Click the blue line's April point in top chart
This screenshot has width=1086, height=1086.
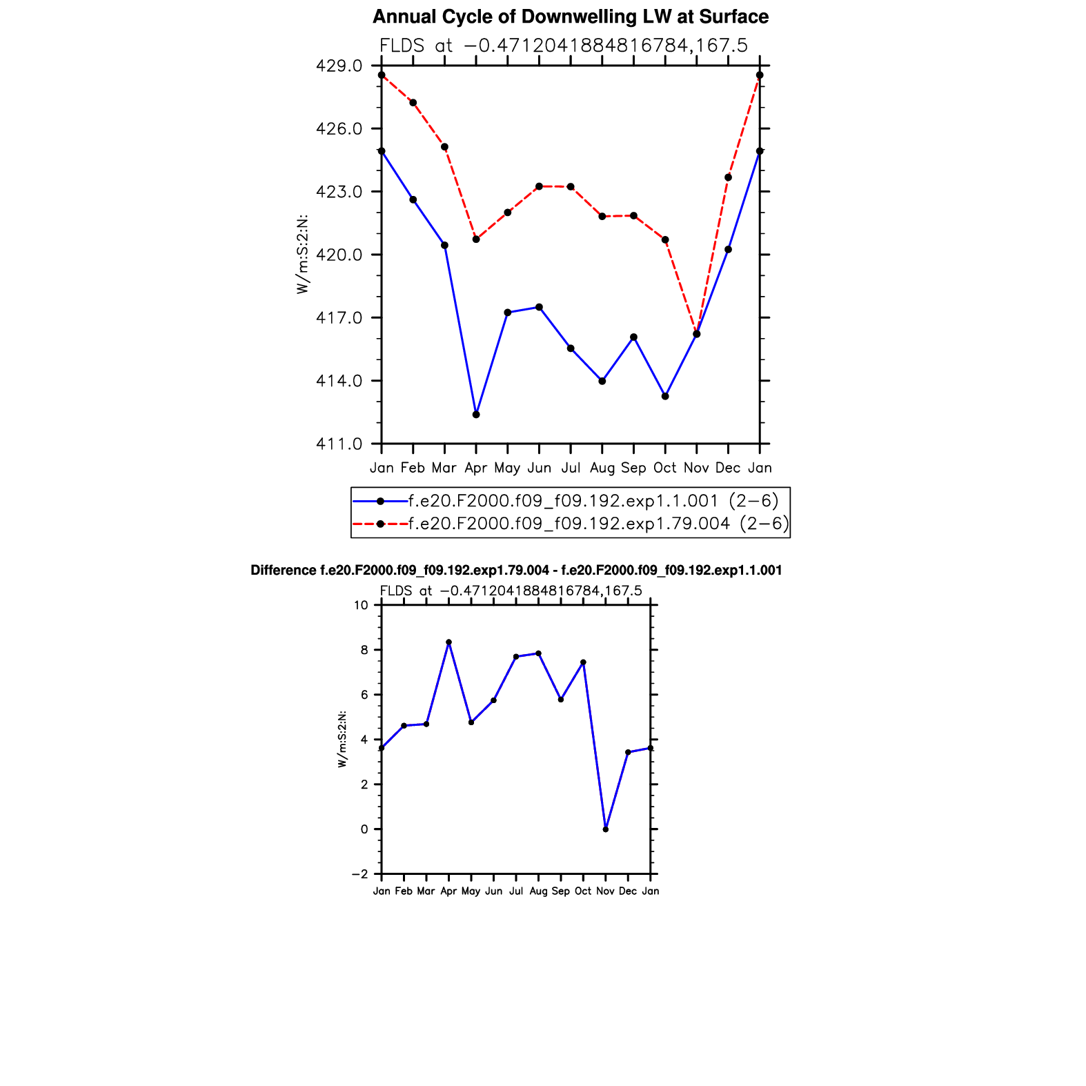(x=476, y=415)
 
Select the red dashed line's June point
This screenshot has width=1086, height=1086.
(x=539, y=186)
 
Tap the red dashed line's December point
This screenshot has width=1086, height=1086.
(x=728, y=177)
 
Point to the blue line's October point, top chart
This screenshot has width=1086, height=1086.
(x=665, y=396)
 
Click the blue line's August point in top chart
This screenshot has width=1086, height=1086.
(x=602, y=381)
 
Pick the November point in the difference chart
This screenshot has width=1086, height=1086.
(x=605, y=829)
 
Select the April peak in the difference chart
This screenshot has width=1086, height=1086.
(x=448, y=642)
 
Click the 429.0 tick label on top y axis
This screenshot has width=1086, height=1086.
(x=339, y=66)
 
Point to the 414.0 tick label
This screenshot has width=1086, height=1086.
(x=339, y=381)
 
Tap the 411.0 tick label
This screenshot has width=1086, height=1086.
(x=339, y=444)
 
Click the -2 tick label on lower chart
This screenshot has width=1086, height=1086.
(x=359, y=874)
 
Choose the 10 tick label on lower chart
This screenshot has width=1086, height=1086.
(x=361, y=605)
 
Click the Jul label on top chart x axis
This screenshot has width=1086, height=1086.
(x=571, y=468)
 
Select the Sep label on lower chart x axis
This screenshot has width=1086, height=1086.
(x=560, y=891)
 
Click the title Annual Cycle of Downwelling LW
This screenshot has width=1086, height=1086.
(x=571, y=17)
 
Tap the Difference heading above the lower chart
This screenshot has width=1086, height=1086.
(x=516, y=571)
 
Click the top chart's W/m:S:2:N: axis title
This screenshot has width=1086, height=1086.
(x=302, y=255)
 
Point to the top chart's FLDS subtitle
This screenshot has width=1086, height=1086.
(x=564, y=46)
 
